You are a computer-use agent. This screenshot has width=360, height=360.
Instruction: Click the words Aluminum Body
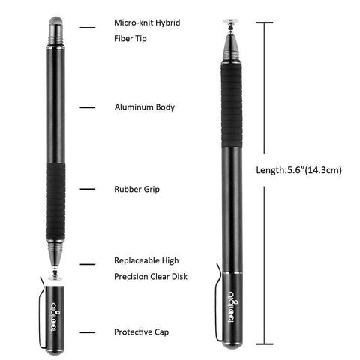pyautogui.click(x=145, y=107)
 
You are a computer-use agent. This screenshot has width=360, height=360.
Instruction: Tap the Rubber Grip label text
pyautogui.click(x=136, y=189)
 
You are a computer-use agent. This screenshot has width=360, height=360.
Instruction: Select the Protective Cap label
pyautogui.click(x=141, y=332)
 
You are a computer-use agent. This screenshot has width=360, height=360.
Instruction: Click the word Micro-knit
pyautogui.click(x=133, y=22)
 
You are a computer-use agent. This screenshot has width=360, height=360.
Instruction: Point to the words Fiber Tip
pyautogui.click(x=130, y=39)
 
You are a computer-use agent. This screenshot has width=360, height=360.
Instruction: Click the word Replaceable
pyautogui.click(x=136, y=260)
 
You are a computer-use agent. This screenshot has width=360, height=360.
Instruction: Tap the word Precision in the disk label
pyautogui.click(x=130, y=277)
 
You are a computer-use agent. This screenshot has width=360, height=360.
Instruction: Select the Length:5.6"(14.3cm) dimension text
pyautogui.click(x=298, y=170)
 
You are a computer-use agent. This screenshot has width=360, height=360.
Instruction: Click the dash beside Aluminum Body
pyautogui.click(x=88, y=107)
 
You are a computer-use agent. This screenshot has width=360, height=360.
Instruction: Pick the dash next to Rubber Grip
pyautogui.click(x=88, y=189)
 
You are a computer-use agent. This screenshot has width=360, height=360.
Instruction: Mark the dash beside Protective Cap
pyautogui.click(x=88, y=332)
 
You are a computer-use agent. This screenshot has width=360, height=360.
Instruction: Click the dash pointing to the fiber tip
pyautogui.click(x=88, y=28)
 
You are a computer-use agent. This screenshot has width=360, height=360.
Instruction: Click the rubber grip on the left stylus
pyautogui.click(x=55, y=202)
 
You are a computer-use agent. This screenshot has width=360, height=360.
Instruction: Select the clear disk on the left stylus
pyautogui.click(x=55, y=277)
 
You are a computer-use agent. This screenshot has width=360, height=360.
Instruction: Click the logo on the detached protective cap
pyautogui.click(x=55, y=316)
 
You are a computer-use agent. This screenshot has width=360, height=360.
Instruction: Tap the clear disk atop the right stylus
pyautogui.click(x=230, y=21)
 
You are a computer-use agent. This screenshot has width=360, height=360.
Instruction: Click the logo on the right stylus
pyautogui.click(x=233, y=307)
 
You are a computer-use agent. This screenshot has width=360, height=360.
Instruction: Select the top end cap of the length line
pyautogui.click(x=265, y=22)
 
